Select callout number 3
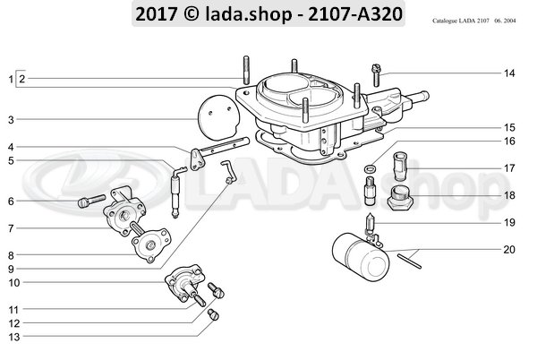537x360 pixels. tap(12, 119)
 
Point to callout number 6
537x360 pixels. tap(12, 201)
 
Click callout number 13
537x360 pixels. tap(12, 337)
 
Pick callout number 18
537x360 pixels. tap(509, 194)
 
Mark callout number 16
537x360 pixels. tap(509, 141)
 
